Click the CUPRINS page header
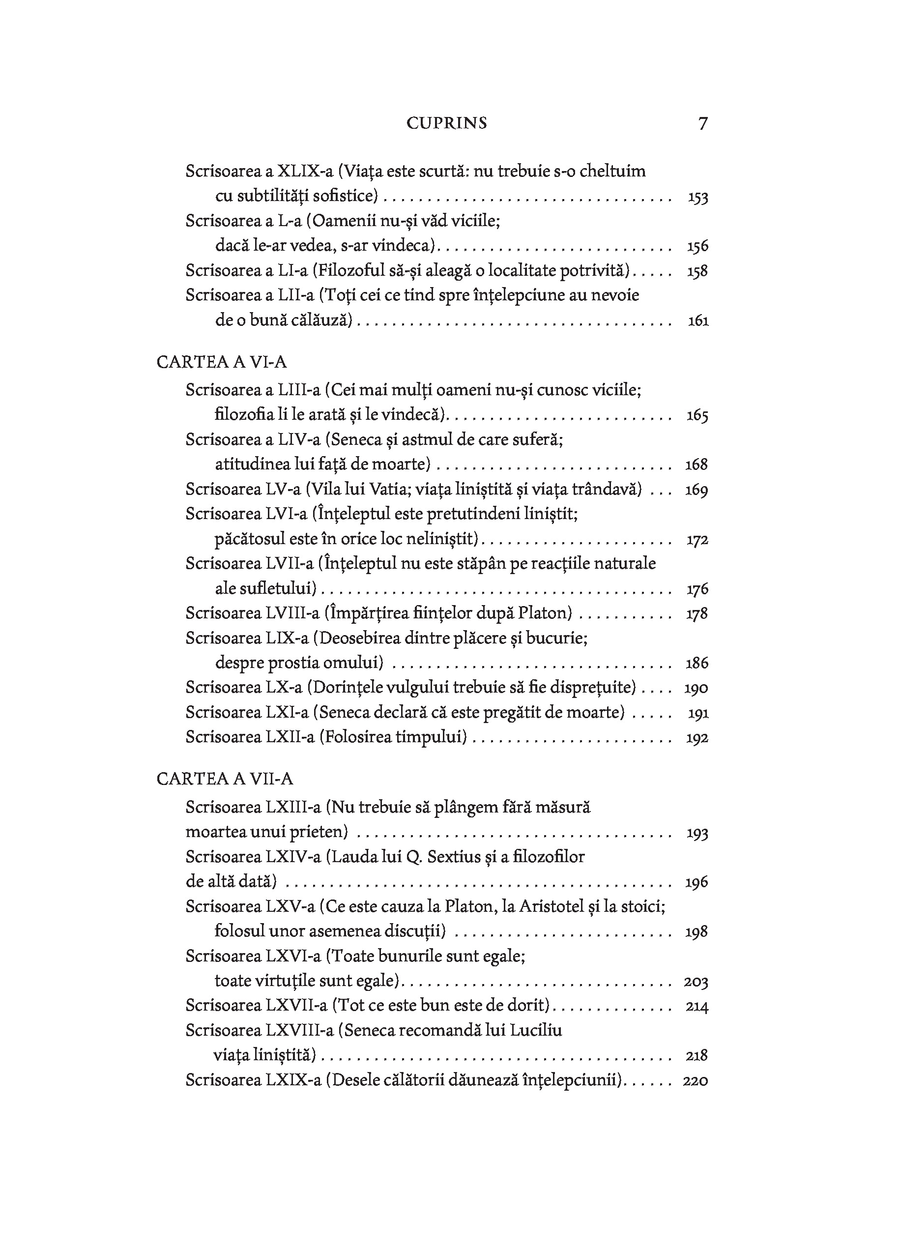click(x=447, y=123)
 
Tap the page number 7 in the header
click(x=702, y=123)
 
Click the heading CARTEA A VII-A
click(x=225, y=779)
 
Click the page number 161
click(x=698, y=320)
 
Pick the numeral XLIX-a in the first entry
click(x=305, y=171)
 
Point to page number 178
click(x=697, y=613)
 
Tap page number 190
click(x=696, y=688)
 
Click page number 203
click(x=696, y=981)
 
